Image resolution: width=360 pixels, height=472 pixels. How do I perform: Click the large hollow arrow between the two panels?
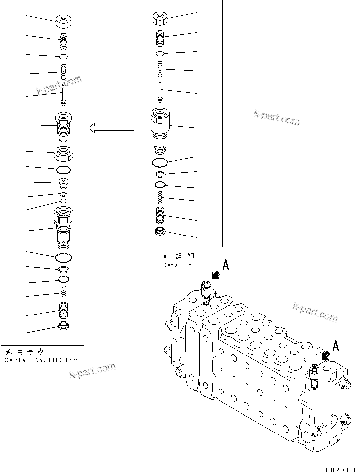111,128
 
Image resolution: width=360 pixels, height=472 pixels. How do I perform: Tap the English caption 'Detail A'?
178,265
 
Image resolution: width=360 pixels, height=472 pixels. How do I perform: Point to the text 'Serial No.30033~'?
40,360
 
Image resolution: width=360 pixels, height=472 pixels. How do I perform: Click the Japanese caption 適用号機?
24,352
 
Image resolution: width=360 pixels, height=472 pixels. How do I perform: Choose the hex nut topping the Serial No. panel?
63,22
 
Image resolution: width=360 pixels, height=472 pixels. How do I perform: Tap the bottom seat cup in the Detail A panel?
160,232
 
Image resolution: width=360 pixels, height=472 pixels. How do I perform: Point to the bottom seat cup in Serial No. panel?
63,326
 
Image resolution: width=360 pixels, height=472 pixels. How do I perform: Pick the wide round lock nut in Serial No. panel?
64,154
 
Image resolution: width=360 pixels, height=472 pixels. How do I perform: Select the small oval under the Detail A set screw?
160,53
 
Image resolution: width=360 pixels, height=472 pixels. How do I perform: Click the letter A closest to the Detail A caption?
225,265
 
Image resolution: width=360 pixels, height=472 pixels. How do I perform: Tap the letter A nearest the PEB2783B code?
336,346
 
